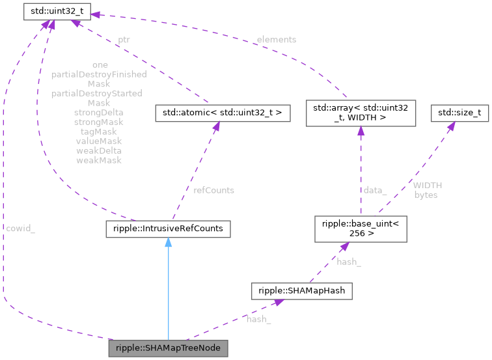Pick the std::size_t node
pos(459,113)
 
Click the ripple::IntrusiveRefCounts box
pos(168,228)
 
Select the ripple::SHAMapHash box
pos(302,291)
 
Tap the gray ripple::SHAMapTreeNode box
pos(168,348)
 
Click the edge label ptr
pos(123,40)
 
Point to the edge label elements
pos(276,40)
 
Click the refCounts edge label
pos(213,190)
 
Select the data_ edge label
pos(375,190)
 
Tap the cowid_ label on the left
pos(20,228)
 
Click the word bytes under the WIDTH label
pos(426,195)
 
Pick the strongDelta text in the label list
pos(99,113)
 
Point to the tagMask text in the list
pos(99,132)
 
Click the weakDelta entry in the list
pos(99,150)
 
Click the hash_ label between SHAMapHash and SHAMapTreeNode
pos(258,319)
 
